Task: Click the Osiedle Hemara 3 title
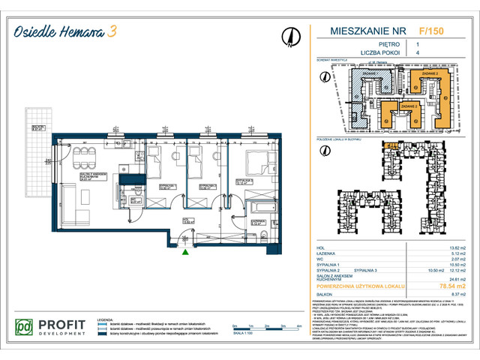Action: coord(73,31)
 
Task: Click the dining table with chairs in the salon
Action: coord(84,158)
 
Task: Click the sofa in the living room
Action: coord(66,203)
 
